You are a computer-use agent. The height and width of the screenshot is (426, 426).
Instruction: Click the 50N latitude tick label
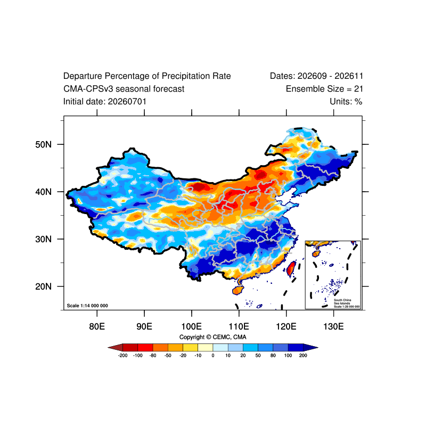point(43,144)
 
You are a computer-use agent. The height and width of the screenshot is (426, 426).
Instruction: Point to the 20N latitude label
point(43,286)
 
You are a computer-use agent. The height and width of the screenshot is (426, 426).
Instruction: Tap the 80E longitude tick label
point(97,326)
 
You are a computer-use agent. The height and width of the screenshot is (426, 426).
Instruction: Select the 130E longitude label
point(333,326)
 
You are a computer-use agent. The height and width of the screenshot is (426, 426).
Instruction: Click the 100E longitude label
point(192,326)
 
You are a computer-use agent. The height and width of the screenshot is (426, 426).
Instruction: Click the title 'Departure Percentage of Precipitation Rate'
point(147,76)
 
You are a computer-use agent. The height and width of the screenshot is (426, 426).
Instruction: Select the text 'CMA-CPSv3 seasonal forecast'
point(124,89)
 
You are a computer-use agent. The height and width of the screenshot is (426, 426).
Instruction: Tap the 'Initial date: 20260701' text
point(105,102)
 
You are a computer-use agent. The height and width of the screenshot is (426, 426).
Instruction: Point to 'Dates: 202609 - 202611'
point(316,76)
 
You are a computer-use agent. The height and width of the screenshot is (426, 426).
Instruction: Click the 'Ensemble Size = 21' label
point(324,89)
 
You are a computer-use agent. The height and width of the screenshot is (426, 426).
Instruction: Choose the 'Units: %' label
point(346,102)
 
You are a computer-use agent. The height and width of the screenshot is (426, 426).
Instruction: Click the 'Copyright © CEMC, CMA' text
point(212,337)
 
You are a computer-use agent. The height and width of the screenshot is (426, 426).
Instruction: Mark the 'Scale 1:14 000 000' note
point(87,306)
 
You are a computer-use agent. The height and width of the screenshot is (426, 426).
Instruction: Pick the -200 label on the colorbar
point(123,355)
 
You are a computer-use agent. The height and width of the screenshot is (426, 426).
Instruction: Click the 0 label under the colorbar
point(213,355)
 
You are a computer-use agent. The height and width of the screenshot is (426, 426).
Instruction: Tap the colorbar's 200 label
point(303,355)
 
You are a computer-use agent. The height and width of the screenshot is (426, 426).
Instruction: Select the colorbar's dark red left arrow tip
point(108,348)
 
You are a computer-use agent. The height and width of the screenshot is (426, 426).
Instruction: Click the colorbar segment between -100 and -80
point(145,348)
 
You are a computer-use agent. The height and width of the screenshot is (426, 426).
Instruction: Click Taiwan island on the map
point(291,268)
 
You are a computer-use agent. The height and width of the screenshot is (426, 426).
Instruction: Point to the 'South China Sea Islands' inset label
point(342,301)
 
